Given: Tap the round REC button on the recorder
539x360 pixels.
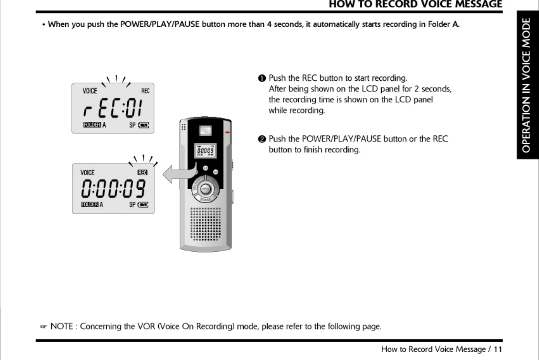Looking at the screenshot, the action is pyautogui.click(x=205, y=189).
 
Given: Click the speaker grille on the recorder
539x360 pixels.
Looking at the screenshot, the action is pyautogui.click(x=205, y=224).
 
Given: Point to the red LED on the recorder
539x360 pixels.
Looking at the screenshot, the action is pyautogui.click(x=227, y=133).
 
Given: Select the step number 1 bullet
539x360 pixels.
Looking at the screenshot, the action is pyautogui.click(x=262, y=78).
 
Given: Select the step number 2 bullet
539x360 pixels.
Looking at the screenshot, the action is pyautogui.click(x=262, y=139).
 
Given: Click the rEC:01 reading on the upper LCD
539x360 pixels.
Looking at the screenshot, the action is pyautogui.click(x=113, y=108).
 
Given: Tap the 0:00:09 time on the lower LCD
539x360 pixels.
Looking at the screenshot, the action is pyautogui.click(x=113, y=189).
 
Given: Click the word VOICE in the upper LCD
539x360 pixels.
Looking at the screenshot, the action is pyautogui.click(x=90, y=91).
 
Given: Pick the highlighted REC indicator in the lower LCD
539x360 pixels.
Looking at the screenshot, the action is pyautogui.click(x=142, y=172).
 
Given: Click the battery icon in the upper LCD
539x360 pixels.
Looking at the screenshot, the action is pyautogui.click(x=143, y=125).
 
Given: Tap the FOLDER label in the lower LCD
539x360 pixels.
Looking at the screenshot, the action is pyautogui.click(x=89, y=205).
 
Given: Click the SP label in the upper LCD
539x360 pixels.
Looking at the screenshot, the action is pyautogui.click(x=132, y=125).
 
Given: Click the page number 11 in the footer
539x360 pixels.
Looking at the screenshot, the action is pyautogui.click(x=498, y=349).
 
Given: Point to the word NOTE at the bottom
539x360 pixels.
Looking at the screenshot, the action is pyautogui.click(x=62, y=326).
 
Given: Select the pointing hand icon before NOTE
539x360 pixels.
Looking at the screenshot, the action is pyautogui.click(x=44, y=327).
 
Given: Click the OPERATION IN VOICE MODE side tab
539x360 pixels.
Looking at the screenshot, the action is pyautogui.click(x=527, y=85).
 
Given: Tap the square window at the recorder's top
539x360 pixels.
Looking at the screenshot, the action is pyautogui.click(x=205, y=131).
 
